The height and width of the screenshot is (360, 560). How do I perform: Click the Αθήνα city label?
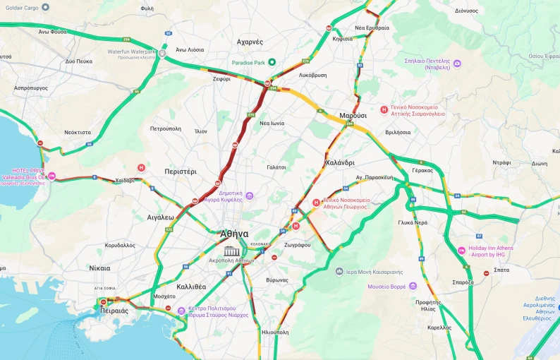pos(234,234)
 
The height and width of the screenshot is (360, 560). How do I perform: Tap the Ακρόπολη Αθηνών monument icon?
pos(231,251)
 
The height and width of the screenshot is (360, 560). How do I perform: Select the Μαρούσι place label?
pos(353,115)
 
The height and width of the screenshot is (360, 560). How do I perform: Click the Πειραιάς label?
pos(114,311)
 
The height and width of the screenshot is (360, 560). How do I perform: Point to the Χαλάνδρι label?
pos(339,162)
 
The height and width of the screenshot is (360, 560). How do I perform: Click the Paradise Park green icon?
pos(272,63)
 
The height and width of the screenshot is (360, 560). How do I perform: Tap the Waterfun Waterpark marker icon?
pos(162,53)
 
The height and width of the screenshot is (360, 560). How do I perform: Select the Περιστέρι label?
pos(181,172)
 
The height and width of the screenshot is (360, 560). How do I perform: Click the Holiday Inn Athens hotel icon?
pos(462,250)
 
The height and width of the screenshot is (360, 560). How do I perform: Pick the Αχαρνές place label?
pos(250,42)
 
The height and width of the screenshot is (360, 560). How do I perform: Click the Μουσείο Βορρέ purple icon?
pos(413,287)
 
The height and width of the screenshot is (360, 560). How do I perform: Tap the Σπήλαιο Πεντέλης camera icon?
pos(457,64)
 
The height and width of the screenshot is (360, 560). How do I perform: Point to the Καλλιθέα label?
pos(191,287)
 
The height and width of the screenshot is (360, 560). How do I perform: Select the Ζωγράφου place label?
pos(297,244)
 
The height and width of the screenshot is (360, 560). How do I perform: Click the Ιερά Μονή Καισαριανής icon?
pos(339,271)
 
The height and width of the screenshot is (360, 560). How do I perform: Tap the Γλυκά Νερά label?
pos(413,222)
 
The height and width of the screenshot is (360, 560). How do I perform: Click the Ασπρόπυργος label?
pos(30,88)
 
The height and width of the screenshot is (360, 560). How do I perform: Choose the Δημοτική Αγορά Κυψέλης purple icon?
pos(249,196)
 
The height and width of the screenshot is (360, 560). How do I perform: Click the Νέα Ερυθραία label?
pos(372,28)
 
